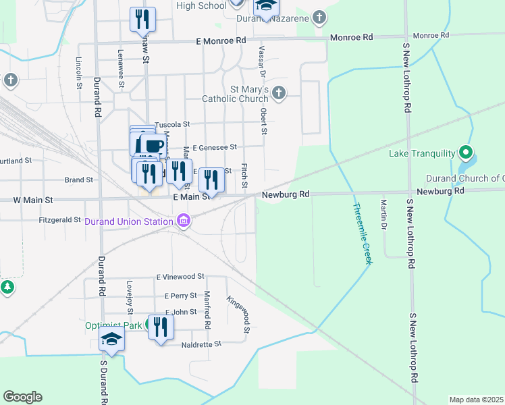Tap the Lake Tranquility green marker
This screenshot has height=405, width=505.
click(x=464, y=153)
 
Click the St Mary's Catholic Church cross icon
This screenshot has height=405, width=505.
click(x=278, y=92)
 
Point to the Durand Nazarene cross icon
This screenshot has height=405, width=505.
click(x=319, y=18)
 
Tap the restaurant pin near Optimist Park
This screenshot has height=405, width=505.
click(x=161, y=328)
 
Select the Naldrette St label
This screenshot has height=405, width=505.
click(x=202, y=344)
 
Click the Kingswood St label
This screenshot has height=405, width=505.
click(x=238, y=315)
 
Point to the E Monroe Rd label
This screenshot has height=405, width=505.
click(x=221, y=40)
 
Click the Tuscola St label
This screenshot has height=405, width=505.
click(x=174, y=125)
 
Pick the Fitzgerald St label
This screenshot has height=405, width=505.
click(x=60, y=220)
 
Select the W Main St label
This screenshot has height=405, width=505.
click(x=33, y=200)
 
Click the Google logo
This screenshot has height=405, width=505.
click(x=22, y=397)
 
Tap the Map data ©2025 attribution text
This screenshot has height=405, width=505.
click(x=476, y=400)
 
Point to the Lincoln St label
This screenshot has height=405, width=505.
click(x=79, y=72)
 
